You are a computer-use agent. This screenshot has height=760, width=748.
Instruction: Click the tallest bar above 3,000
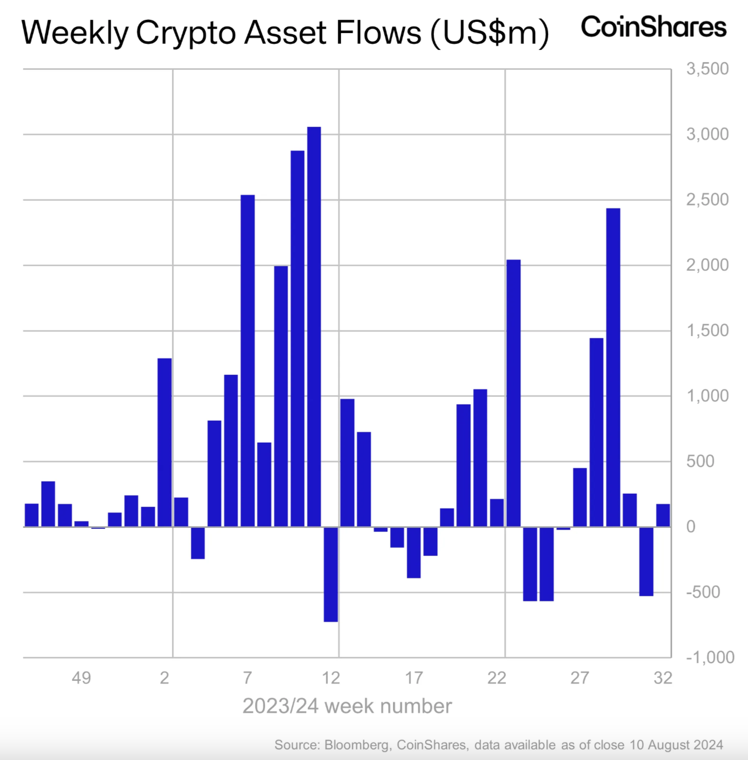(x=314, y=326)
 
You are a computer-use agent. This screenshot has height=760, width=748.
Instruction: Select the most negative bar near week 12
(x=331, y=574)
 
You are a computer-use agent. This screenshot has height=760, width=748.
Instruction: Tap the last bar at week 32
(x=663, y=515)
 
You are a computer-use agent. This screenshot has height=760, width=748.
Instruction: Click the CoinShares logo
(x=654, y=27)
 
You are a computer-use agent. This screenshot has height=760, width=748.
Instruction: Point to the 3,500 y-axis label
(x=707, y=69)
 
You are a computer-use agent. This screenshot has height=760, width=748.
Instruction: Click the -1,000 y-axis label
(x=710, y=657)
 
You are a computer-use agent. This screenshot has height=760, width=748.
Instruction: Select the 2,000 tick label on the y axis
(x=707, y=265)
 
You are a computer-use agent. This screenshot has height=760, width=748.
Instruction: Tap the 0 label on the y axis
(x=691, y=527)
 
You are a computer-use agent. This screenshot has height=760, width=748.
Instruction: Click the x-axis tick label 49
(x=82, y=678)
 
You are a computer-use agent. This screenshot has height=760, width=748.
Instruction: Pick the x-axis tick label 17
(x=414, y=678)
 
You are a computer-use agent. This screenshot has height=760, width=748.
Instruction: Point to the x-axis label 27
(x=580, y=678)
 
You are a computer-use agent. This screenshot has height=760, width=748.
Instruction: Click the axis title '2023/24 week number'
(x=347, y=706)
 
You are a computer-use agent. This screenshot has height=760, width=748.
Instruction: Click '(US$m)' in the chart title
(x=489, y=33)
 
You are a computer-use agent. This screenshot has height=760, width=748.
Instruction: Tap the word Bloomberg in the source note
(x=356, y=745)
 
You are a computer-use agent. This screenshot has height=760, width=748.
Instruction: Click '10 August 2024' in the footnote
(x=676, y=745)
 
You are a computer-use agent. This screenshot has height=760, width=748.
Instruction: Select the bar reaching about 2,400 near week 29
(x=613, y=367)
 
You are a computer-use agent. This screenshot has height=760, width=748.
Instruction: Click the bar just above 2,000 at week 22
(x=513, y=393)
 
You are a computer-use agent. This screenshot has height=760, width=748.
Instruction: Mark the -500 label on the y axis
(x=703, y=592)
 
